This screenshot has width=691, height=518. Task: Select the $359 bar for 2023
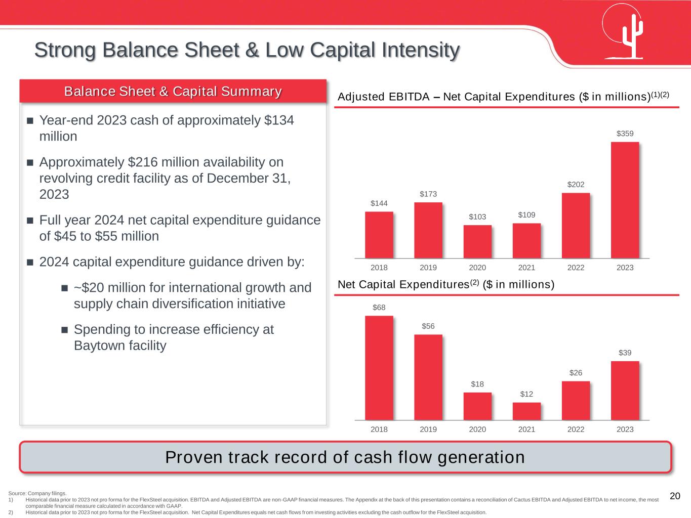tap(625, 200)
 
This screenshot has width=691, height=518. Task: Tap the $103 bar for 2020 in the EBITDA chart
tap(477, 241)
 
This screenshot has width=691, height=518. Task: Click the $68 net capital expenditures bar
tap(379, 368)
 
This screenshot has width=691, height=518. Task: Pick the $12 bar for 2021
tap(526, 411)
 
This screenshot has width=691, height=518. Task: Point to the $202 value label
tap(576, 185)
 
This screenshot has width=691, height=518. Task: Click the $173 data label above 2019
tap(428, 194)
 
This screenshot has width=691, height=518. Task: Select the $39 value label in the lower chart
tap(625, 353)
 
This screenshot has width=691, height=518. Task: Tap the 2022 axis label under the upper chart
tap(576, 268)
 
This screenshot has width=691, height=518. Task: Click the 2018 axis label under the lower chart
tap(379, 429)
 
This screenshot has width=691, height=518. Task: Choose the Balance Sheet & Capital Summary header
tap(173, 92)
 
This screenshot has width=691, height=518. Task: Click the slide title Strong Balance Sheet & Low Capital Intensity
tap(247, 50)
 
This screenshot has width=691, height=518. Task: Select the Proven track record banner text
tap(345, 457)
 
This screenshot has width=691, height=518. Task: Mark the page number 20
tap(675, 496)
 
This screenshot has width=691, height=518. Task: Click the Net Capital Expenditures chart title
tap(445, 285)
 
